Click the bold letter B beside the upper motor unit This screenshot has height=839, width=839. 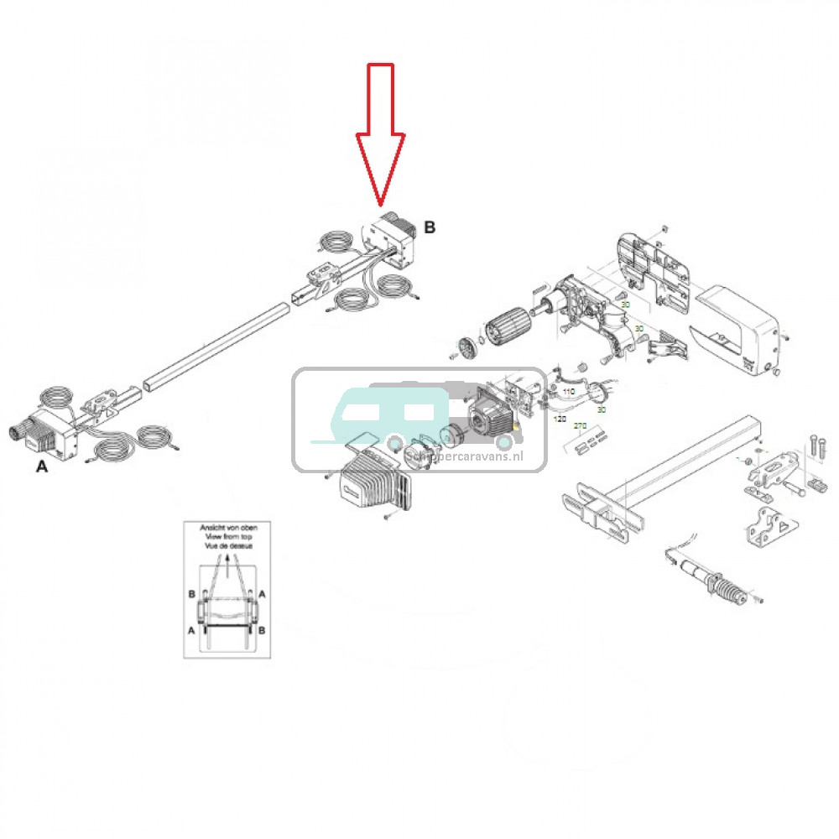click(x=430, y=227)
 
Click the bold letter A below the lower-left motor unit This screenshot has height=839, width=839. click(x=42, y=467)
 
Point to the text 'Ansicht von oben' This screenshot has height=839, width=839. click(x=227, y=529)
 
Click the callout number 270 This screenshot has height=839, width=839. click(x=580, y=426)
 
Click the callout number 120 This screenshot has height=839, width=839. click(x=560, y=416)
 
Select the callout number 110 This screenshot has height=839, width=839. click(x=568, y=392)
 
